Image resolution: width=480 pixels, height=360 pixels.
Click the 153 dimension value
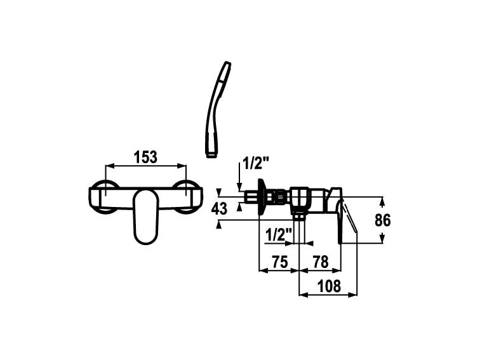coord(145,157)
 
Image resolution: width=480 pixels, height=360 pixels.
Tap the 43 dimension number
coord(219,209)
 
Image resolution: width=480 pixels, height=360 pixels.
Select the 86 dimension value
coord(383,220)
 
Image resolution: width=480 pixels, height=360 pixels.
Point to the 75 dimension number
coord(280,262)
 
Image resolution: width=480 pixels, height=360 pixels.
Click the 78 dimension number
coord(321,262)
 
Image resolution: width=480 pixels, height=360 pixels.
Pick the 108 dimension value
coord(329,286)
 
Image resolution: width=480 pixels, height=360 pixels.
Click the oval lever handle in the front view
coord(146,217)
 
